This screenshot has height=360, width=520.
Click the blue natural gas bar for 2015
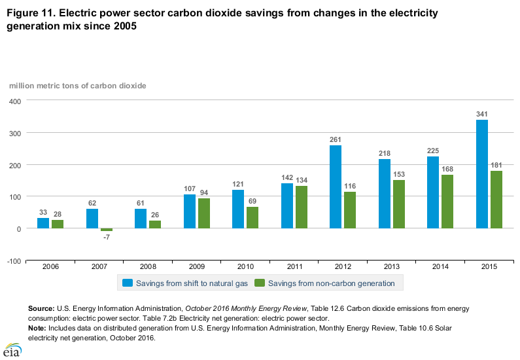point(482,174)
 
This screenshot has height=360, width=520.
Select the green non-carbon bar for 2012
point(351,210)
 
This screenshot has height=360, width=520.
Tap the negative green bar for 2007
point(107,230)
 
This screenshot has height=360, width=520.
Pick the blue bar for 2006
point(43,223)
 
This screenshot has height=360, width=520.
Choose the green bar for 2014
point(448,202)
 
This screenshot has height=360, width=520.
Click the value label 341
point(482,115)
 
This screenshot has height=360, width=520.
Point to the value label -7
point(107,237)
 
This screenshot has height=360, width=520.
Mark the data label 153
point(399,175)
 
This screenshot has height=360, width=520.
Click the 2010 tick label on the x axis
point(246,266)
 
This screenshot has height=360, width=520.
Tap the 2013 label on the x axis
point(392,266)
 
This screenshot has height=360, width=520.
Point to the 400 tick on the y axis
point(15,101)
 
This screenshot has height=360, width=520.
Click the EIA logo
point(11,350)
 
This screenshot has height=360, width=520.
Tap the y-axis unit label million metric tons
point(77,86)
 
